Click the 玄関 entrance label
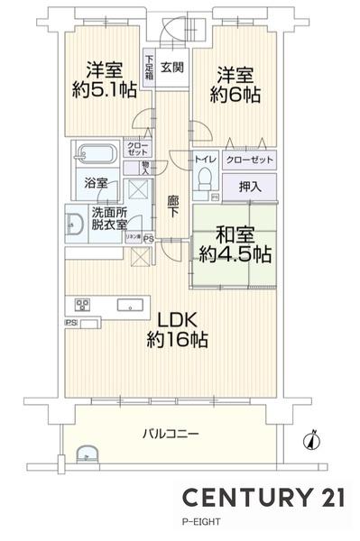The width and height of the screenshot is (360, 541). pyautogui.click(x=171, y=67)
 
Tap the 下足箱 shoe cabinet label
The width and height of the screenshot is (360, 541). pyautogui.click(x=149, y=69)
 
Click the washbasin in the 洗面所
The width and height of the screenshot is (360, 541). pyautogui.click(x=74, y=221)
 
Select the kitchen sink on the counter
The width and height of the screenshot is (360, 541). pyautogui.click(x=125, y=304)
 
